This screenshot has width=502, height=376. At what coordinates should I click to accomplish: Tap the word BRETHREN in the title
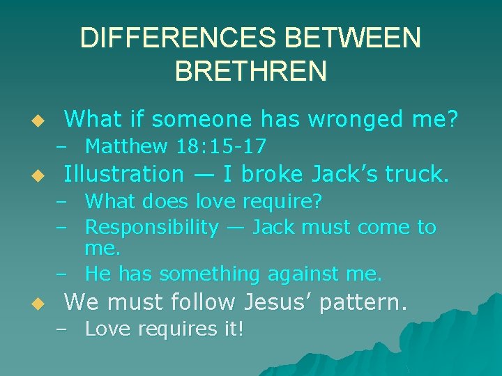tap(251, 71)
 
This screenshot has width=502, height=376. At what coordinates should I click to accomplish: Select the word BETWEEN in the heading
tap(366, 38)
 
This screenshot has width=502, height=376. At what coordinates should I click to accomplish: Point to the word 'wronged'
tap(359, 120)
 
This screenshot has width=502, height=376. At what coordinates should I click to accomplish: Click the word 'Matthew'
tap(126, 147)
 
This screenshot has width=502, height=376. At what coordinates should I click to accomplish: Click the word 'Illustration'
tap(123, 173)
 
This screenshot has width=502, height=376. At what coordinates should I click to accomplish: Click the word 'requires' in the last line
tap(172, 329)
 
